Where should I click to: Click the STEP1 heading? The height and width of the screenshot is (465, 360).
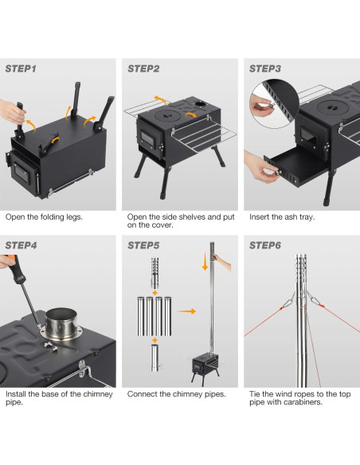click(22, 69)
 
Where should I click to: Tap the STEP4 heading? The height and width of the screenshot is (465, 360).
click(22, 245)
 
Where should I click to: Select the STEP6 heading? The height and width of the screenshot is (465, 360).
click(265, 245)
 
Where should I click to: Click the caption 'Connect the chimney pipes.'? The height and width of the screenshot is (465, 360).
click(176, 394)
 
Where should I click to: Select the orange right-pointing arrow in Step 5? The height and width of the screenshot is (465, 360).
click(186, 313)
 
